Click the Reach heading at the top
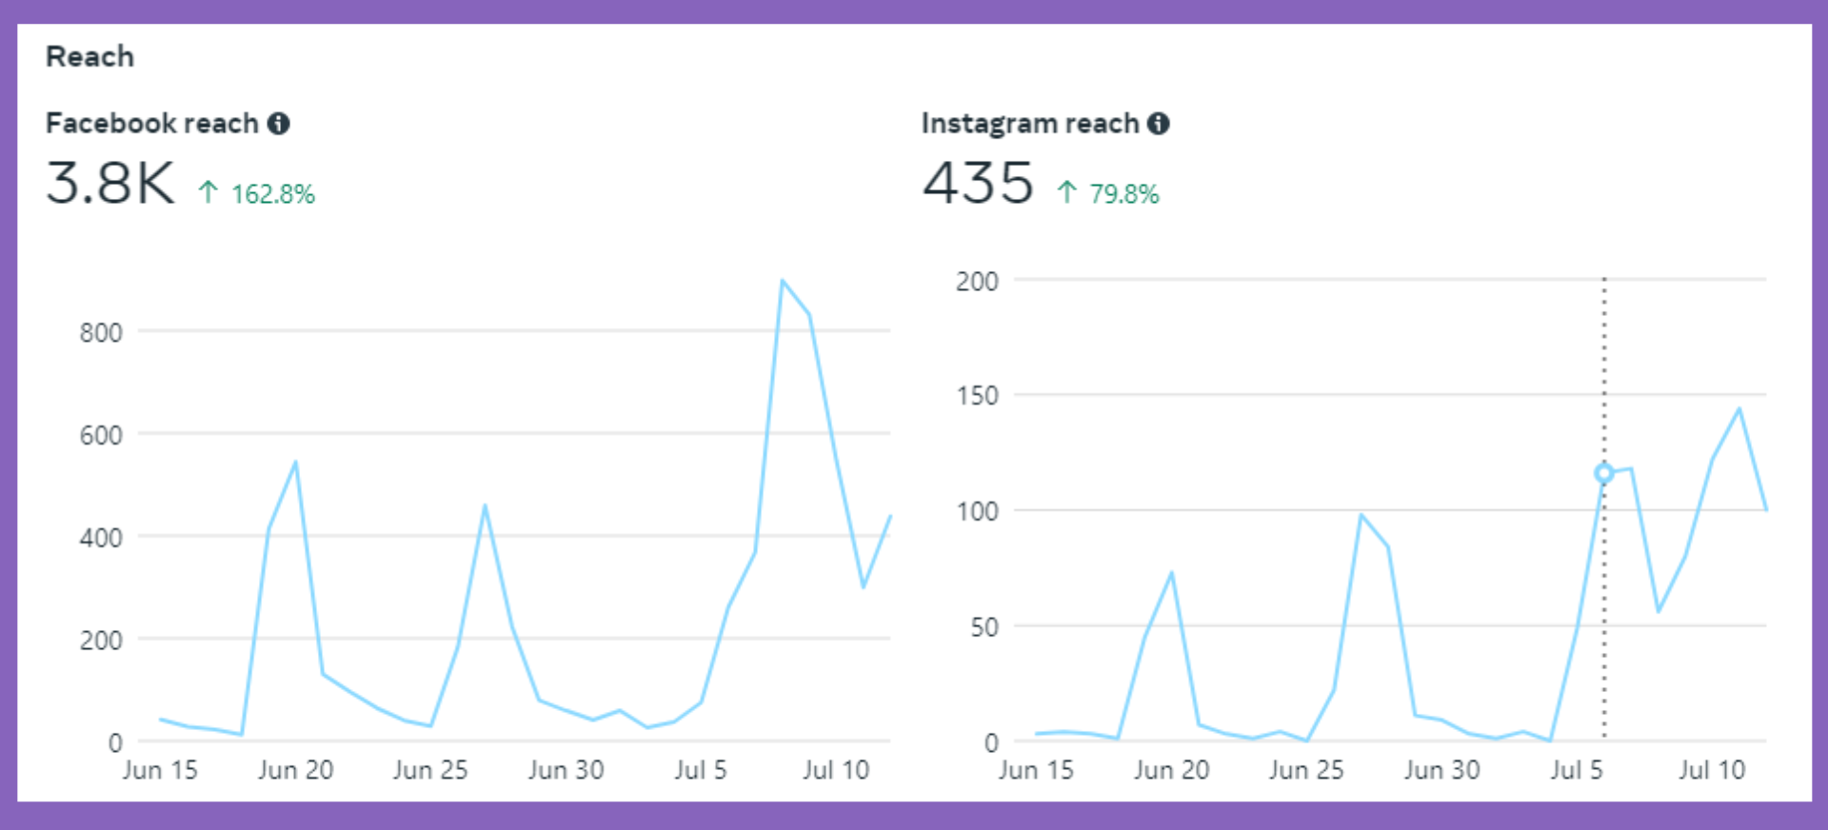89,57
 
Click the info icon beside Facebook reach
278,124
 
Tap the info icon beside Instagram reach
1158,124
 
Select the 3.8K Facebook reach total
110,183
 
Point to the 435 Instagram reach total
978,183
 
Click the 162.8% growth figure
272,194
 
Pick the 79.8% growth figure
1123,194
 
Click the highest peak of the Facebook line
782,281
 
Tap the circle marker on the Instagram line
1604,473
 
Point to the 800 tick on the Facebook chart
101,333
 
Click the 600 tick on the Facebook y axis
101,436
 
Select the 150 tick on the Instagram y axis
978,396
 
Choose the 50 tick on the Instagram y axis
984,627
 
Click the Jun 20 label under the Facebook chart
295,770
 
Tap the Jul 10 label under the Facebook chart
836,770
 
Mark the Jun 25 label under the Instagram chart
1306,770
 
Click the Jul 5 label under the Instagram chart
1577,770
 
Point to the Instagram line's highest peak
1739,409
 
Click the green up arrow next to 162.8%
209,193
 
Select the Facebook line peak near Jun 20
295,463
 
